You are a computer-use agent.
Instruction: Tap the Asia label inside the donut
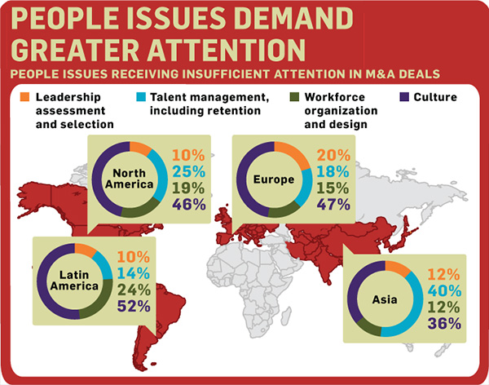tap(385, 298)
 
